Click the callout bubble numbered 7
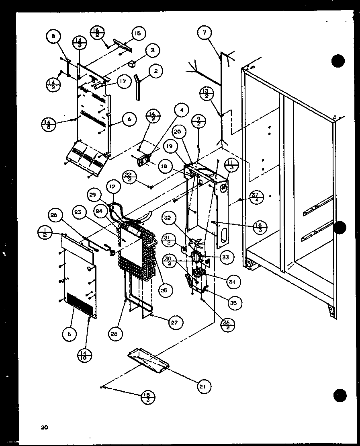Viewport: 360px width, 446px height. click(204, 33)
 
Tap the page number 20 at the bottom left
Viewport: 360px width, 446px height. click(44, 427)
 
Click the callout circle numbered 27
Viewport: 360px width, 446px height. click(175, 322)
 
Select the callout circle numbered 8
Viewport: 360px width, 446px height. click(53, 37)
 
